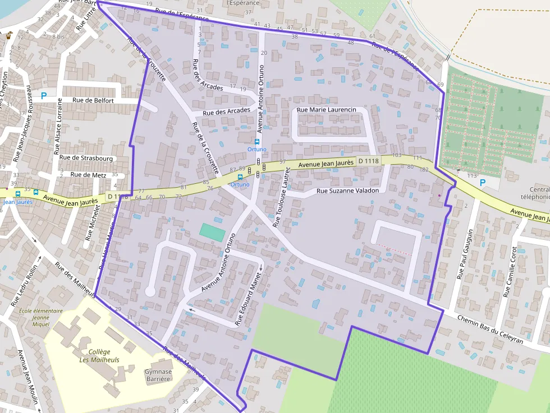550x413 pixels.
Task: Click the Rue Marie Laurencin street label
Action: coord(327,110)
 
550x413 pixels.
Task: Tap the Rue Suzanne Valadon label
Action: coord(348,191)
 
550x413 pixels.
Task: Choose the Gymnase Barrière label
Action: coord(158,375)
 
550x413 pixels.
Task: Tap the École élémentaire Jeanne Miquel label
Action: coord(33,317)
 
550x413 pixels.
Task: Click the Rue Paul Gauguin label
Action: coord(465,254)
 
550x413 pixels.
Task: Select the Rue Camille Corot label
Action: coord(511,271)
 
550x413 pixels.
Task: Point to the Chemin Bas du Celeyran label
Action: coord(491,329)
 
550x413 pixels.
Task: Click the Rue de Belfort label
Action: coord(93,101)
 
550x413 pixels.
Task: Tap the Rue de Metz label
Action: coord(88,174)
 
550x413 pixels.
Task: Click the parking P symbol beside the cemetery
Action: coord(482,183)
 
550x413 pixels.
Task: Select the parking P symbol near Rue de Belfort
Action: coord(43,95)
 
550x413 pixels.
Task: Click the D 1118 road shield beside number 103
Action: coord(368,161)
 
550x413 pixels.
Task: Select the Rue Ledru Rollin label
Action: coord(24,286)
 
